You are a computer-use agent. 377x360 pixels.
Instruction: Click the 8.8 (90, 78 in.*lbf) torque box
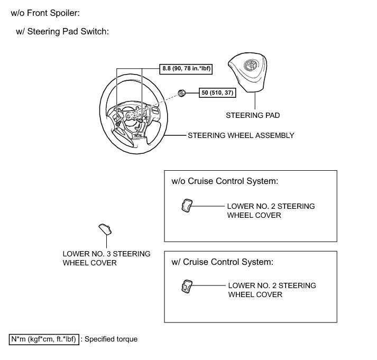[187, 68]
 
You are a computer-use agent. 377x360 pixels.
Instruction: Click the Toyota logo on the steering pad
[250, 67]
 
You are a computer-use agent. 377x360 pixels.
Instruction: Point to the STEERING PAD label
[253, 115]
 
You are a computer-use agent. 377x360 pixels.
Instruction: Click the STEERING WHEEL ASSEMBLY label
[241, 135]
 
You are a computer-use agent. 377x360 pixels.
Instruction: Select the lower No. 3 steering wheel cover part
[106, 229]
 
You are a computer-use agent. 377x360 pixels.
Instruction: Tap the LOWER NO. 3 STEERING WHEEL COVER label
[106, 258]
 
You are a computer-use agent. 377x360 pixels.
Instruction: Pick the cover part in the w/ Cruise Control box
[187, 286]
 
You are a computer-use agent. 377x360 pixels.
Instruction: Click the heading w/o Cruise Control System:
[225, 181]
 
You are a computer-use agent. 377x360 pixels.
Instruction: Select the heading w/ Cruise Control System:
[222, 262]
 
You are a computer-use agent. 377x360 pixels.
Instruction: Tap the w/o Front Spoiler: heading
[48, 12]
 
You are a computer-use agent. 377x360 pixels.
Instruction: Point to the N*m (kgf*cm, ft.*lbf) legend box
[44, 339]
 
